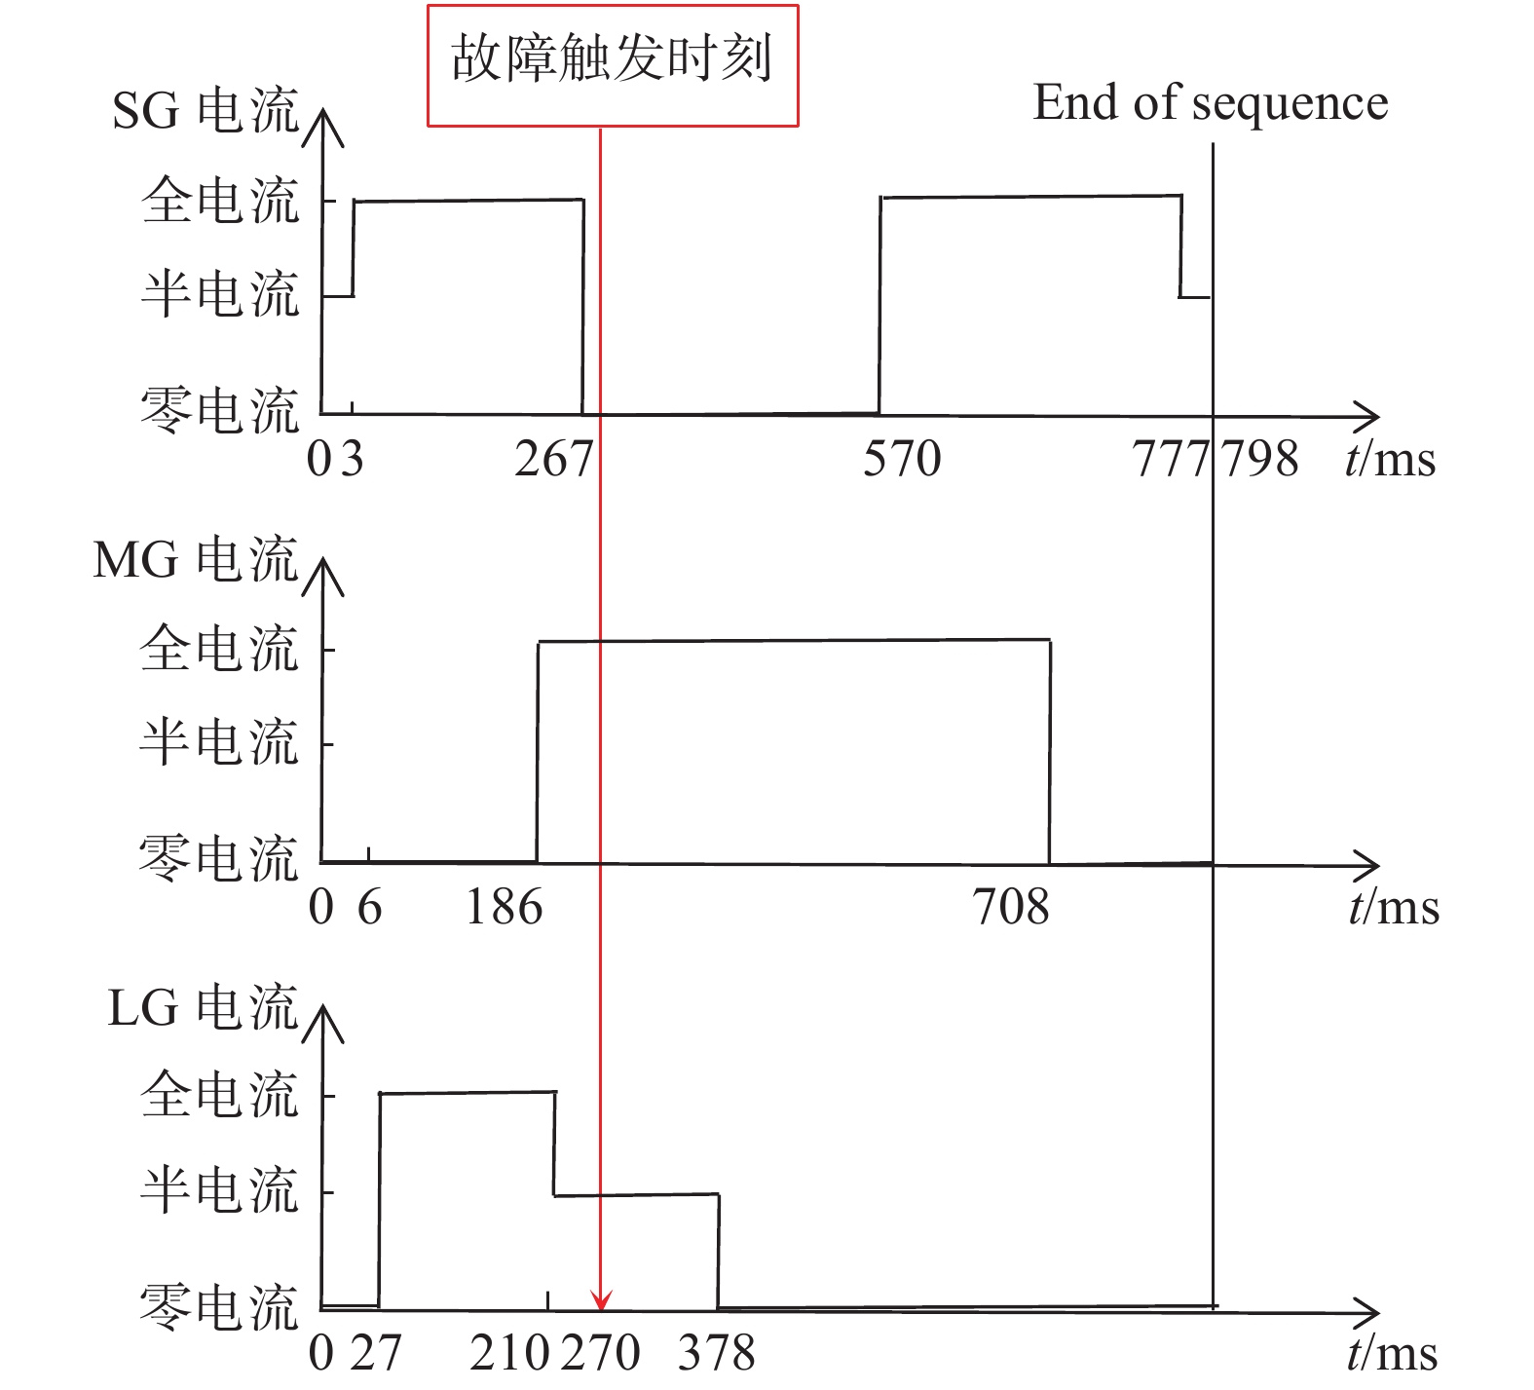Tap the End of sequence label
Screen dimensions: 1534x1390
click(1211, 103)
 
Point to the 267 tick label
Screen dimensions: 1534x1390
click(553, 459)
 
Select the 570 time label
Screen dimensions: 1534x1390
click(902, 459)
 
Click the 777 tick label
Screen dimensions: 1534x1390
click(1170, 459)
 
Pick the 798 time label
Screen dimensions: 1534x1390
click(1259, 459)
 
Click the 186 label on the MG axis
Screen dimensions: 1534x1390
click(505, 908)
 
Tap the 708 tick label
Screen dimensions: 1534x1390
click(1012, 908)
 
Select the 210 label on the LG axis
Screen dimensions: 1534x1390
click(509, 1352)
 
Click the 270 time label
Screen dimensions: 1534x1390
click(601, 1352)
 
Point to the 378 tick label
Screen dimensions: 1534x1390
click(716, 1352)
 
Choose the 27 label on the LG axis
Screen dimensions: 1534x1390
click(375, 1352)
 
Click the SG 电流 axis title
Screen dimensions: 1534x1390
click(205, 110)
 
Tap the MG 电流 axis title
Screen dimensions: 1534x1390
click(195, 559)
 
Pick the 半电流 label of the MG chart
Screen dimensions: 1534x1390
click(218, 742)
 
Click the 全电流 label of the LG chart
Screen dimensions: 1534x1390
click(219, 1094)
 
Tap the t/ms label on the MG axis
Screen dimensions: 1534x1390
click(1394, 907)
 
